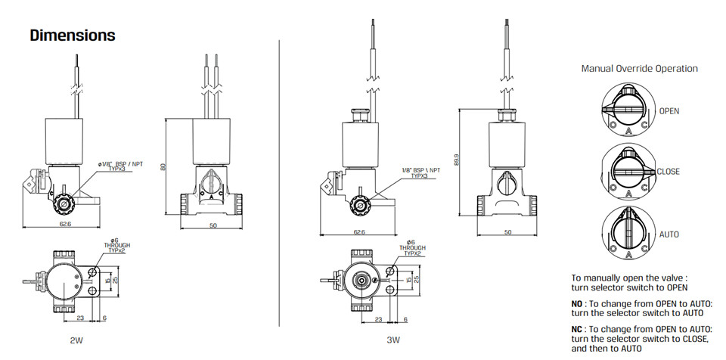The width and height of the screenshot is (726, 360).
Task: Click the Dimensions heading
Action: [x=73, y=36]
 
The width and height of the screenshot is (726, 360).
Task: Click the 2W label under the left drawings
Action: [x=76, y=341]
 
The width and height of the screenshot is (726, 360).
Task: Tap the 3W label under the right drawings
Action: [x=393, y=341]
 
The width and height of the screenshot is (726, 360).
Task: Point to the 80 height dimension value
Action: [x=162, y=167]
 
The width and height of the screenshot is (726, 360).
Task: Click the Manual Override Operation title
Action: [x=640, y=69]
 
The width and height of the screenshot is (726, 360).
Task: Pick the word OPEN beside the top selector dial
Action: [x=669, y=111]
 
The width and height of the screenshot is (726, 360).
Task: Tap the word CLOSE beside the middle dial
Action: [x=668, y=172]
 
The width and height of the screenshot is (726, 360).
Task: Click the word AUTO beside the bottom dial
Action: [x=669, y=234]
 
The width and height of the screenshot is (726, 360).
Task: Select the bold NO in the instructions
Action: [x=577, y=304]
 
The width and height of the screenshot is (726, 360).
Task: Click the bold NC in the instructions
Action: [x=577, y=330]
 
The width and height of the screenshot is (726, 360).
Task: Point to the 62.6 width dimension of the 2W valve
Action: [x=61, y=225]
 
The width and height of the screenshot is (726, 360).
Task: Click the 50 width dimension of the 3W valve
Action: [x=507, y=231]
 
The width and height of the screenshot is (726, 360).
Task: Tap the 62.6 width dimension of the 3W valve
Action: [x=358, y=231]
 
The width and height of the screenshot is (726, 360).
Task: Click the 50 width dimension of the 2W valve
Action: [x=213, y=225]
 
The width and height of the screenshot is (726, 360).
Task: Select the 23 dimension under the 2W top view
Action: [x=80, y=318]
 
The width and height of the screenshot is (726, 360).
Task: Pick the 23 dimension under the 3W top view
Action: [x=378, y=320]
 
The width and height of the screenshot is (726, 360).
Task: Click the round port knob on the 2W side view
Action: [x=61, y=205]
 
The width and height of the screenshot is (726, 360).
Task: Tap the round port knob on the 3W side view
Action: [x=358, y=205]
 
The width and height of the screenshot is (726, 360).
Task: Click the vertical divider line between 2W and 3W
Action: [x=279, y=183]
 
